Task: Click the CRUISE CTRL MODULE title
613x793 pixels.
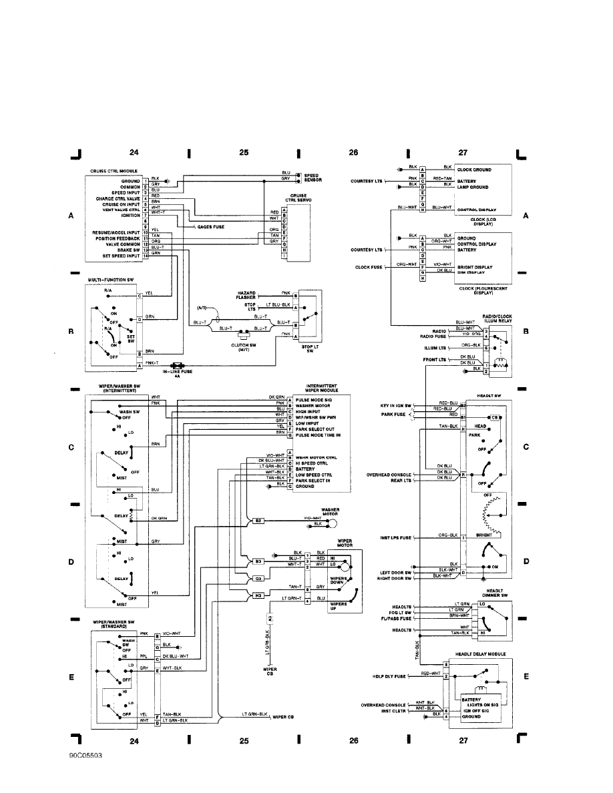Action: (114, 171)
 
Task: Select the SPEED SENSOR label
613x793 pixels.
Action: (315, 178)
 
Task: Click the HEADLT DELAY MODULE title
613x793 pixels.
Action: (480, 654)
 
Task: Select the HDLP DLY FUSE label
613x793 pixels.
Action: (389, 676)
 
